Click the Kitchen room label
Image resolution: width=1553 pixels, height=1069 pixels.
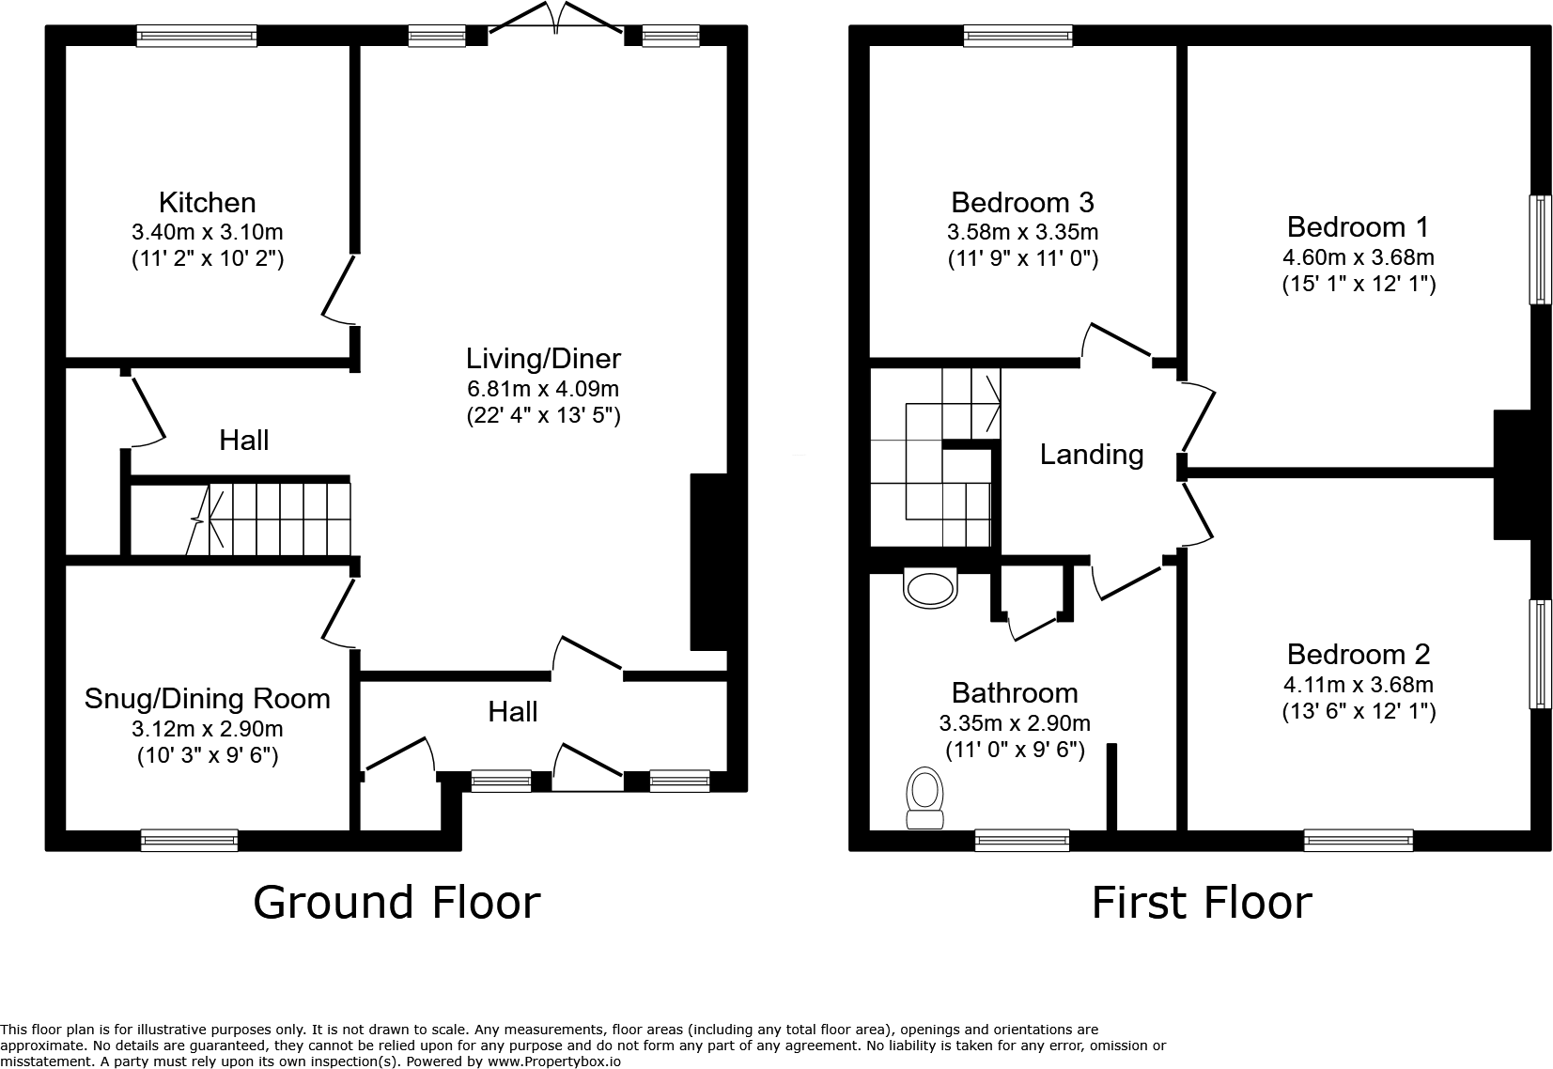click(207, 202)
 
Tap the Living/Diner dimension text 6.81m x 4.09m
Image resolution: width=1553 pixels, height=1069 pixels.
click(543, 388)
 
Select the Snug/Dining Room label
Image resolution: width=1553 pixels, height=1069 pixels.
click(207, 698)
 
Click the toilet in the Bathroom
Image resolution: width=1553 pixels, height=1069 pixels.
click(925, 799)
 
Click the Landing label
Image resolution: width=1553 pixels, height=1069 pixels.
click(1092, 455)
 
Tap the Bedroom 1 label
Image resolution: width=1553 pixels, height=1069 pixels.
click(1358, 226)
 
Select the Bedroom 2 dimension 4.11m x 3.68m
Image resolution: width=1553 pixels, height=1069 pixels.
click(1358, 685)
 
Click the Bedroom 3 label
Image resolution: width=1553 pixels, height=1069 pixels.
click(1022, 202)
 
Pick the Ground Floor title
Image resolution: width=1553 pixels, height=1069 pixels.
click(396, 903)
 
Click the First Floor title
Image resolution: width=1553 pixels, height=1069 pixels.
click(1201, 903)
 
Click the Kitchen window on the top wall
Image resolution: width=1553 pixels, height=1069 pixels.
click(196, 37)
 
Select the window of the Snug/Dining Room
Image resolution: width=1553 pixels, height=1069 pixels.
click(189, 840)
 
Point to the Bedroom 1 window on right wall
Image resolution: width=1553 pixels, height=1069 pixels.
click(1540, 250)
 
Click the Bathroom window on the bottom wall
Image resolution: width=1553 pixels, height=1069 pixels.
click(1022, 840)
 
